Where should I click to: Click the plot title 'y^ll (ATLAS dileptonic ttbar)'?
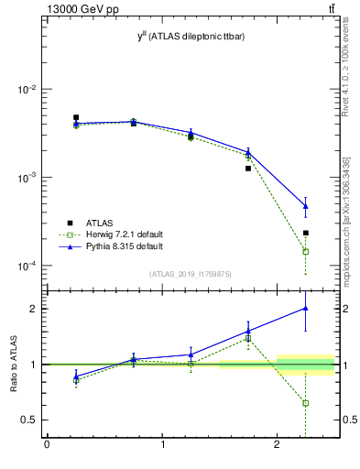pos(191,36)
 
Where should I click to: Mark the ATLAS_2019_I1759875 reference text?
pos(191,273)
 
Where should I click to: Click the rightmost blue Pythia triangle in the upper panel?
pos(306,206)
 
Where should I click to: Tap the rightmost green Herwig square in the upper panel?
pos(306,251)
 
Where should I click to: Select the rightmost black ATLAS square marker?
pos(306,233)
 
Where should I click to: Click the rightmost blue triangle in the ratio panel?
pos(306,308)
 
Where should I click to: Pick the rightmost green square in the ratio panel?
pos(306,403)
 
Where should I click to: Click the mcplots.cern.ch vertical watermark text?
pos(345,215)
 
